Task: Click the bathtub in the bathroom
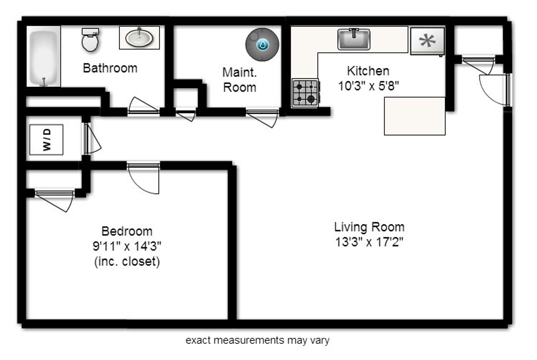point(43,58)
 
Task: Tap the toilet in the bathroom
point(90,40)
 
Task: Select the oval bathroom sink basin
point(139,38)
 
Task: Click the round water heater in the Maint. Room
point(262,45)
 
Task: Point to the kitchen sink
point(354,39)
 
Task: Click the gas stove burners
point(306,93)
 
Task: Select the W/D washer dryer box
point(46,140)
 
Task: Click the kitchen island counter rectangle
point(415,116)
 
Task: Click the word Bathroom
point(110,68)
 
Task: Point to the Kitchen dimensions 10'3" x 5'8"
point(369,86)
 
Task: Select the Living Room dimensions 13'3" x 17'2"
point(369,242)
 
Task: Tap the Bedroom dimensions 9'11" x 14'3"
point(127,246)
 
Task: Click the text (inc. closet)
point(127,262)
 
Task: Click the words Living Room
point(369,227)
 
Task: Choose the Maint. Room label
point(239,80)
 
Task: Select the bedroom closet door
point(54,200)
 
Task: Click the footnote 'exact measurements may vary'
point(257,340)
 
